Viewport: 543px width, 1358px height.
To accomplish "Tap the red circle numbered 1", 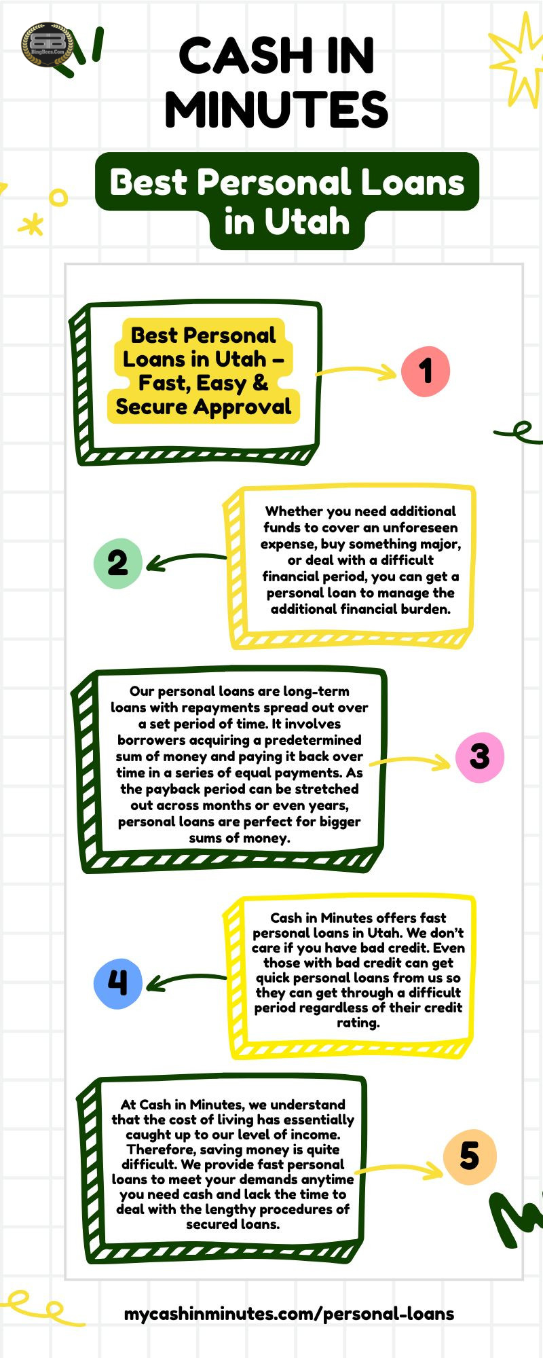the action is [426, 371].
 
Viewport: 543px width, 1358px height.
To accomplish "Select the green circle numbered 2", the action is [117, 563].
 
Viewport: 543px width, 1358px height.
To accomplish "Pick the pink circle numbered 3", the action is [479, 756].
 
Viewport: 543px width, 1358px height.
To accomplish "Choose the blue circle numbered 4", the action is [117, 983].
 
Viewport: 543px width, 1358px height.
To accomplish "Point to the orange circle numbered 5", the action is [470, 1156].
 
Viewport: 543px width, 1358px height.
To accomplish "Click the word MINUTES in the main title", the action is [276, 109].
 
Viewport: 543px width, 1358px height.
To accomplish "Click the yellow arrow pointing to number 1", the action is [356, 371].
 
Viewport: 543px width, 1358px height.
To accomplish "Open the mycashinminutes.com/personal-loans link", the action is [289, 1313].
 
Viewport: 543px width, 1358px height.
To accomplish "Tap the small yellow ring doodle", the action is [59, 198].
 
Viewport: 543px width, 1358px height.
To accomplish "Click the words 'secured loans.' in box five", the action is [233, 1224].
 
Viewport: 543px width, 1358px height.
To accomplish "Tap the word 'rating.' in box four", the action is [358, 1023].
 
